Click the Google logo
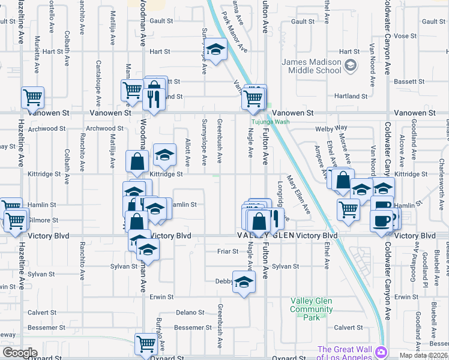pyautogui.click(x=20, y=353)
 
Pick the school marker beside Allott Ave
pyautogui.click(x=164, y=155)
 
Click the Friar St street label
pyautogui.click(x=227, y=251)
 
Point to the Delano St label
pyautogui.click(x=191, y=312)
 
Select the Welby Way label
pyautogui.click(x=334, y=128)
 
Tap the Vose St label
pyautogui.click(x=405, y=36)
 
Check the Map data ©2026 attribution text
pyautogui.click(x=423, y=355)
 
